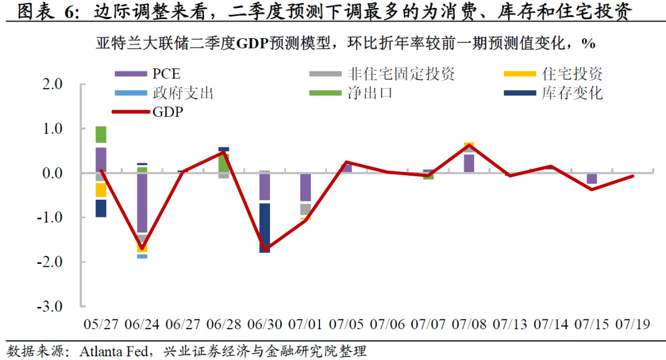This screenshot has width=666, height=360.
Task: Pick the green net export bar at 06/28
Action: [x=224, y=162]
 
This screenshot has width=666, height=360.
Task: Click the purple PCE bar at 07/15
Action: [x=592, y=178]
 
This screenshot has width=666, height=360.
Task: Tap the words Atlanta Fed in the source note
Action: [x=115, y=351]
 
